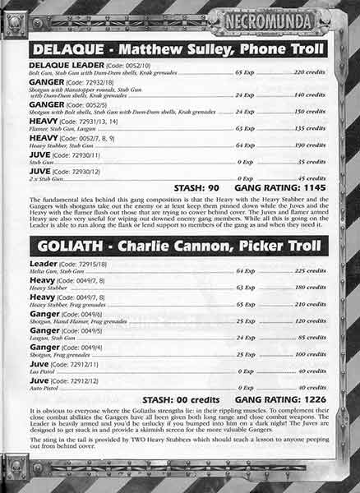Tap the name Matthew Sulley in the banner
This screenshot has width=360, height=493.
pos(164,49)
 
